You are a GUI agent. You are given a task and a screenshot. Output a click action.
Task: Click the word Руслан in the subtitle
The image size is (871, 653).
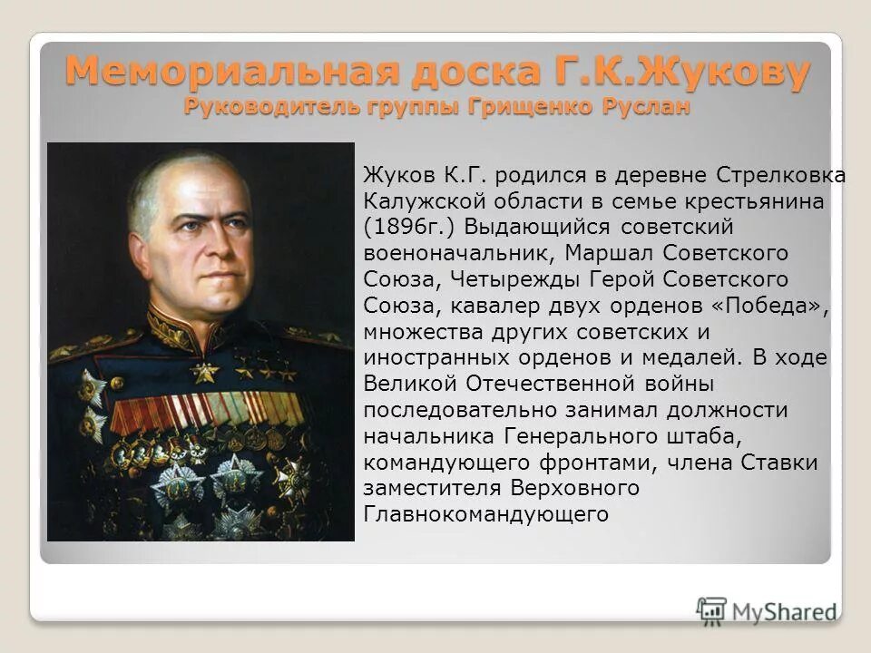[644, 106]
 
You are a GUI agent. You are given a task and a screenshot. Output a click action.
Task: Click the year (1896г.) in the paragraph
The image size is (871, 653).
[403, 226]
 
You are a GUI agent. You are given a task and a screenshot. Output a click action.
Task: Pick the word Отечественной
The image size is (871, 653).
[549, 383]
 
